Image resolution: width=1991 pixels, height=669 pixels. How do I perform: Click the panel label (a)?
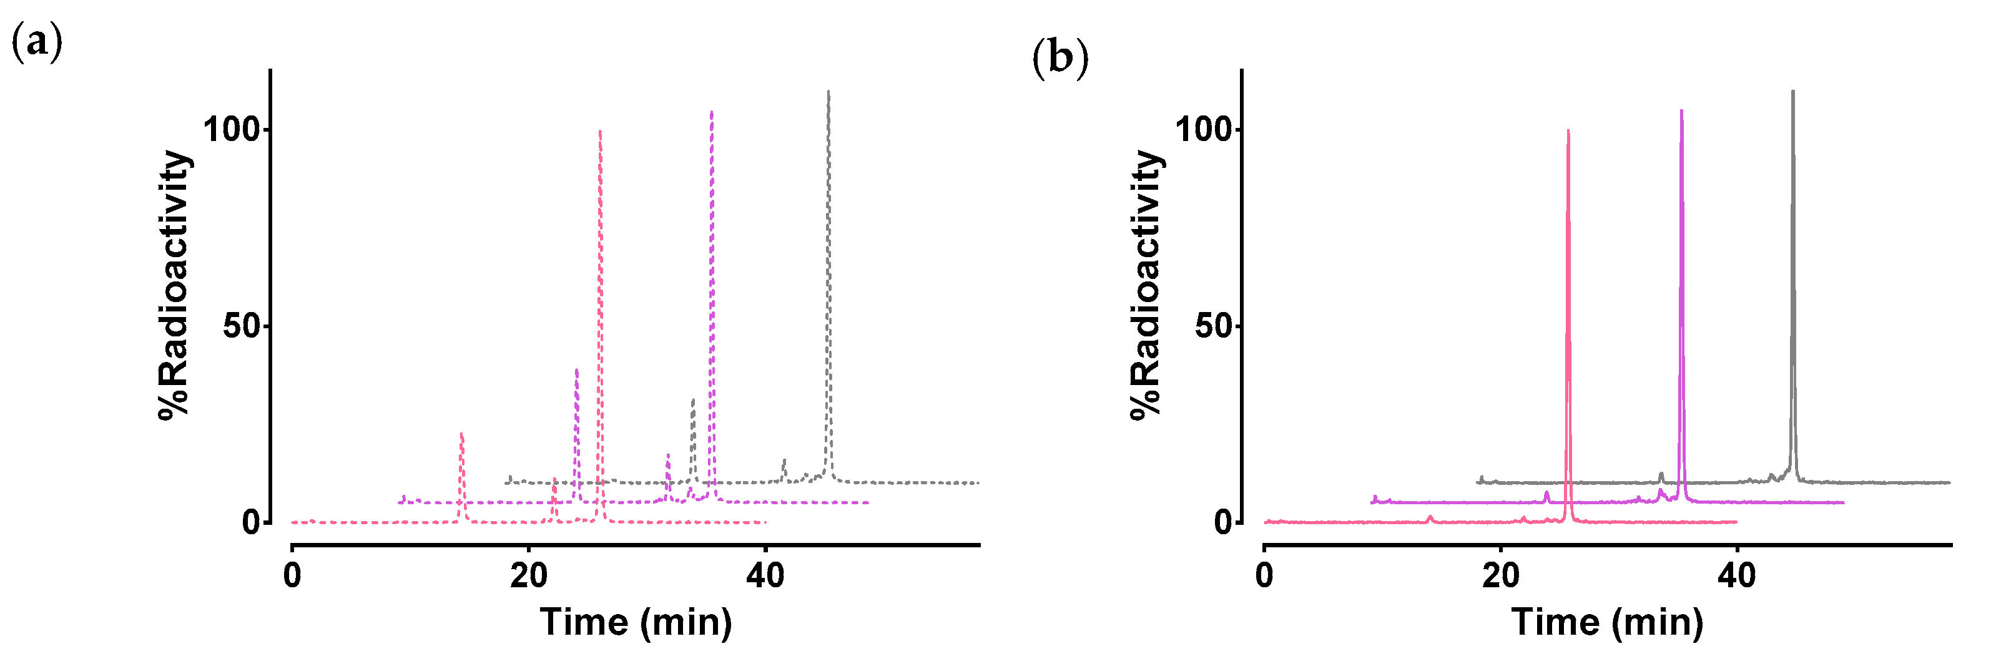36,43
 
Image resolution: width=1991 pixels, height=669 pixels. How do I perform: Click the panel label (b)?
1059,59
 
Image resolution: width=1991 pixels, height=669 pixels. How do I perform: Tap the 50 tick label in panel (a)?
243,326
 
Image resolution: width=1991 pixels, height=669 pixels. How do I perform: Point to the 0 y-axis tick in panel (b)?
1222,523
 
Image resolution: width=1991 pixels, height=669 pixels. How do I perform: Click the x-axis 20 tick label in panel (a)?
529,576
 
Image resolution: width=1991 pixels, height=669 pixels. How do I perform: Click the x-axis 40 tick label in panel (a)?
765,576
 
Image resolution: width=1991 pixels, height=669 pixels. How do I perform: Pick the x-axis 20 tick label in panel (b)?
1501,576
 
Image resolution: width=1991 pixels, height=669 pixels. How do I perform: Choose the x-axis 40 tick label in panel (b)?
1737,576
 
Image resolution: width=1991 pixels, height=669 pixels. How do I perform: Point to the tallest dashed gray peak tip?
828,92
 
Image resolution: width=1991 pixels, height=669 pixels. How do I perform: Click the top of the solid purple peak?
1681,111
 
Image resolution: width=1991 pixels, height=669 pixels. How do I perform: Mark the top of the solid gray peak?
1792,92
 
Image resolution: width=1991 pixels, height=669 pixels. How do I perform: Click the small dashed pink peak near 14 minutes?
461,435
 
